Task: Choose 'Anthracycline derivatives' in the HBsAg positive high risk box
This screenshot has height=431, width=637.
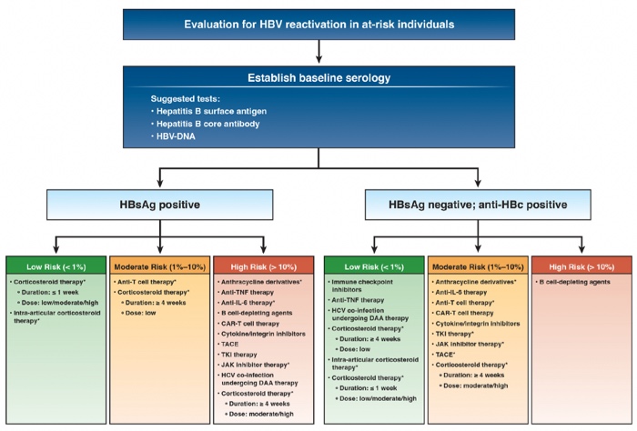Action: [x=263, y=284]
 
